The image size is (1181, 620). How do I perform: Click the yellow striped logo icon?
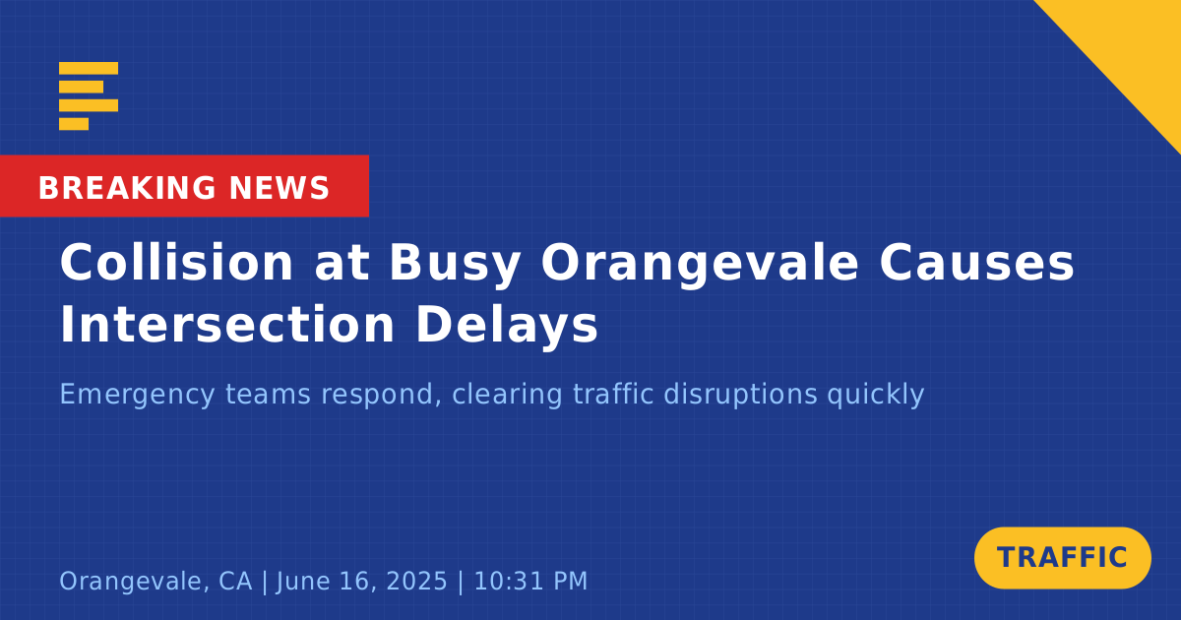click(89, 96)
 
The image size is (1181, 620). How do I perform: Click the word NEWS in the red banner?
click(280, 188)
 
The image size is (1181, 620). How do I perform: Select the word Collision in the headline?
click(176, 263)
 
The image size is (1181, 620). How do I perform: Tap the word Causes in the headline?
click(976, 263)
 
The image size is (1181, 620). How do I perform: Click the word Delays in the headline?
click(507, 326)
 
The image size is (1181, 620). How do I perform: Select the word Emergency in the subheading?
click(137, 396)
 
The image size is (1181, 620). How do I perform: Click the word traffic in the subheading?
click(613, 394)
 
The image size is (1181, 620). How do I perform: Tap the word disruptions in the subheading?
click(740, 396)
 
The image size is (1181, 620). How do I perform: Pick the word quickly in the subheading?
click(875, 396)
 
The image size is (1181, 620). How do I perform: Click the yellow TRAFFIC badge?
click(1062, 558)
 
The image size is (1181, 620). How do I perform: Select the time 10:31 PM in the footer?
click(530, 581)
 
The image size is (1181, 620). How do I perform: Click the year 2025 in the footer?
click(416, 581)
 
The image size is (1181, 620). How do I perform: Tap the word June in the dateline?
click(303, 581)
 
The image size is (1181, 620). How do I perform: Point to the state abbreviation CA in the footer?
click(235, 581)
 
